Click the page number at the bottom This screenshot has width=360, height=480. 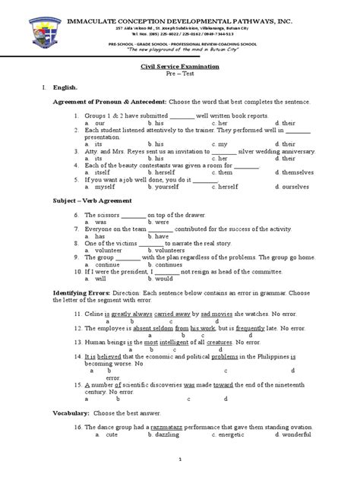coord(181,460)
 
